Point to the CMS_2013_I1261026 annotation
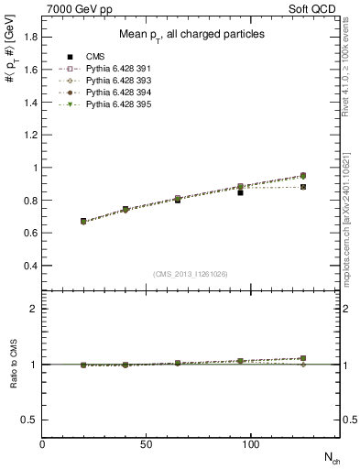pyautogui.click(x=191, y=274)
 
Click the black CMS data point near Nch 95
pyautogui.click(x=240, y=192)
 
